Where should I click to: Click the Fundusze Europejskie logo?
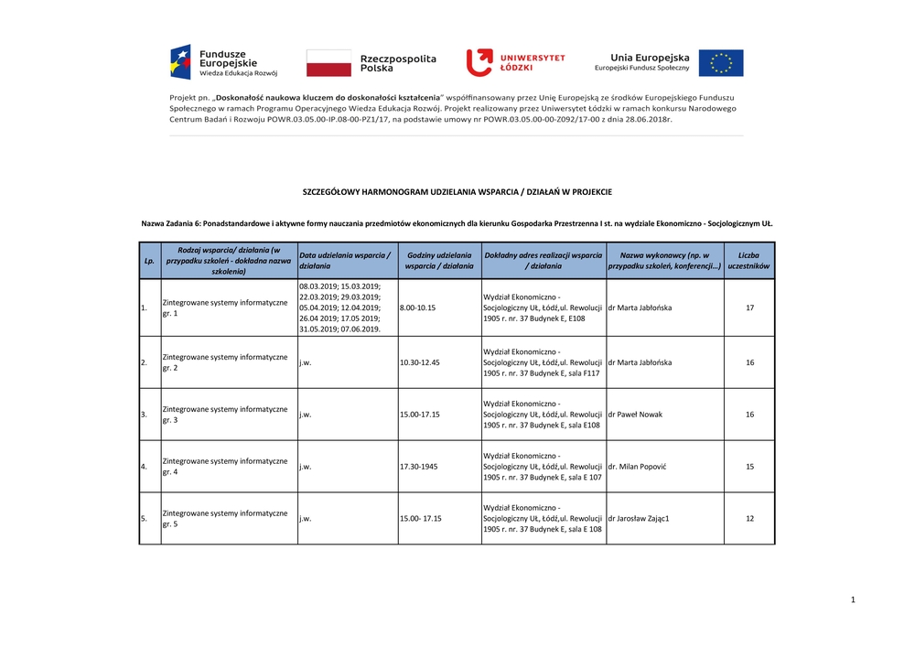tap(223, 62)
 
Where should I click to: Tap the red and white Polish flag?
tap(328, 63)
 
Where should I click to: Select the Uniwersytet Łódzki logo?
tap(516, 62)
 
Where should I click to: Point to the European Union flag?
tap(721, 63)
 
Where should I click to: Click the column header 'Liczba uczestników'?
tap(749, 260)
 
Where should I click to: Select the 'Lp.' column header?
tap(149, 260)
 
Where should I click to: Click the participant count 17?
tap(749, 307)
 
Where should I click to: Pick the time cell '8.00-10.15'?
tap(418, 307)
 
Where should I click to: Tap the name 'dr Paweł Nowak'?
tap(636, 415)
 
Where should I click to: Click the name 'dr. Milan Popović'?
tap(637, 467)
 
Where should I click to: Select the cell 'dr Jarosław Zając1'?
tap(639, 519)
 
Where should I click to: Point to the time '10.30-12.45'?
tap(421, 362)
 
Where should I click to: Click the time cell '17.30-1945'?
tap(419, 467)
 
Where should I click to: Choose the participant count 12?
tap(749, 519)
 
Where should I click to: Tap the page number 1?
tap(852, 599)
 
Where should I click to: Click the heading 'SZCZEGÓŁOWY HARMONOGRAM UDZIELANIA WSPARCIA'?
tap(457, 192)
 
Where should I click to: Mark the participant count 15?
tap(749, 467)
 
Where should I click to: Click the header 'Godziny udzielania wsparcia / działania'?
tap(439, 260)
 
